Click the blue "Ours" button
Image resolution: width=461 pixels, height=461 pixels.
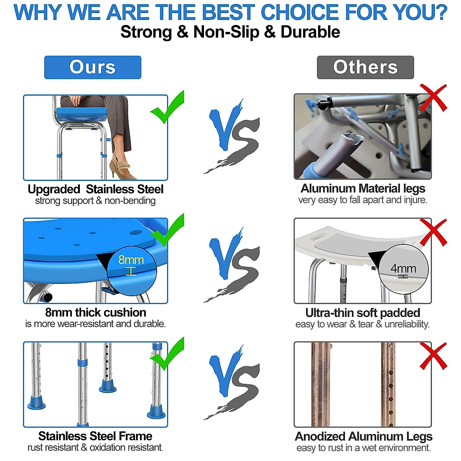click(x=93, y=67)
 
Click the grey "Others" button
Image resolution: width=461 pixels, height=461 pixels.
click(x=365, y=67)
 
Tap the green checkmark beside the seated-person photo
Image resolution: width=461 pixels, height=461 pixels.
click(x=168, y=108)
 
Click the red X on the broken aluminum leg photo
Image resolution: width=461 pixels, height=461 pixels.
click(x=433, y=98)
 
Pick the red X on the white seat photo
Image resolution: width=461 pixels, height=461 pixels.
click(x=433, y=232)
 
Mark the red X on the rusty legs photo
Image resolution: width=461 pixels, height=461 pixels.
click(x=433, y=356)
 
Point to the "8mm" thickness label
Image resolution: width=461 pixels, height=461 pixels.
click(x=131, y=260)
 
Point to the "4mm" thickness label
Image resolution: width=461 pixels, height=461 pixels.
click(x=403, y=269)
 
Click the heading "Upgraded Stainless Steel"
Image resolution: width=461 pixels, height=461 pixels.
click(x=95, y=189)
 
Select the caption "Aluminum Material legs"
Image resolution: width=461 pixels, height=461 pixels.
click(x=363, y=188)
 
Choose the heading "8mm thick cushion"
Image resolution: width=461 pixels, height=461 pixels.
click(x=95, y=312)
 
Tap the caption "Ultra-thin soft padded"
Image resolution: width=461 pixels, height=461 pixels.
click(x=363, y=312)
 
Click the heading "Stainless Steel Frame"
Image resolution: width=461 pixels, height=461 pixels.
click(x=95, y=436)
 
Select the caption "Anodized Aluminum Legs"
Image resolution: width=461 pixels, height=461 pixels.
click(x=363, y=436)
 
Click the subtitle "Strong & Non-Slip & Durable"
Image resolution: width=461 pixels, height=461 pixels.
click(x=230, y=32)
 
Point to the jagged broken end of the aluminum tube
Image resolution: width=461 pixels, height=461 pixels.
click(x=353, y=138)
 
